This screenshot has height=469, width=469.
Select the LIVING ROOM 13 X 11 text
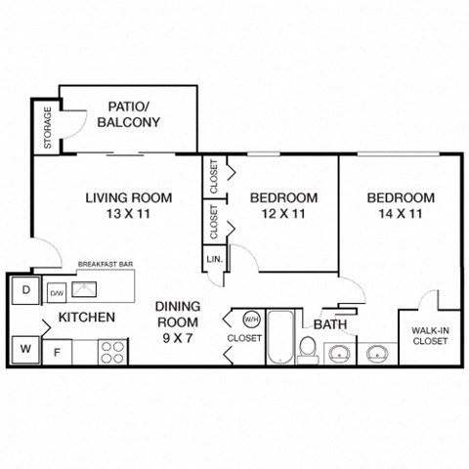tap(128, 205)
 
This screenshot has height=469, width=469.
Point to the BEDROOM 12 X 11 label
tap(284, 205)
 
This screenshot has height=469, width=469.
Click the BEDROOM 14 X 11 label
tap(401, 205)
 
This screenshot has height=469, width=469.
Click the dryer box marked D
tap(25, 290)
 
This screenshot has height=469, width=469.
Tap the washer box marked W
tap(25, 347)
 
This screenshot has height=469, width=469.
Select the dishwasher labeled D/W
tap(58, 291)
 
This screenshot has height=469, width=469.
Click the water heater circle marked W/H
tap(250, 319)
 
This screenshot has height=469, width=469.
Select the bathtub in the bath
tap(280, 336)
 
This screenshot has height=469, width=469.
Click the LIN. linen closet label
tap(214, 260)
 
